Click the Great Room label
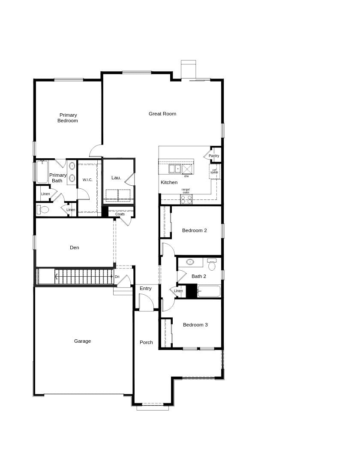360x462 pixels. pos(162,114)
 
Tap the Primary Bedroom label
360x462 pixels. pos(68,118)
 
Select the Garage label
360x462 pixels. pos(82,341)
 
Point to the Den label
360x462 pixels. pos(75,248)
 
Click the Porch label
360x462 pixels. pos(146,342)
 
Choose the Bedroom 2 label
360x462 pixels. pos(194,230)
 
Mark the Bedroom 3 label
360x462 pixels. pos(195,325)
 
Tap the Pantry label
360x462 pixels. pos(214,156)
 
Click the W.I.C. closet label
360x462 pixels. pos(87,180)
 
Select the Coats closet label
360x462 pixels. pos(120,214)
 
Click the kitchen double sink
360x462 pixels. pos(175,169)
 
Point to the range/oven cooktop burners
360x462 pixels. pos(186,199)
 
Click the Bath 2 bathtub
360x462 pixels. pos(209,291)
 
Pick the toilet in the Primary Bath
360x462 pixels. pos(43,210)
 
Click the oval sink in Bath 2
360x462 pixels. pos(190,262)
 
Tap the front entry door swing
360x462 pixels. pos(146,303)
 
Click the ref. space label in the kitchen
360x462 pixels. pos(214,171)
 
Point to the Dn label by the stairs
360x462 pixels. pos(117,277)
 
